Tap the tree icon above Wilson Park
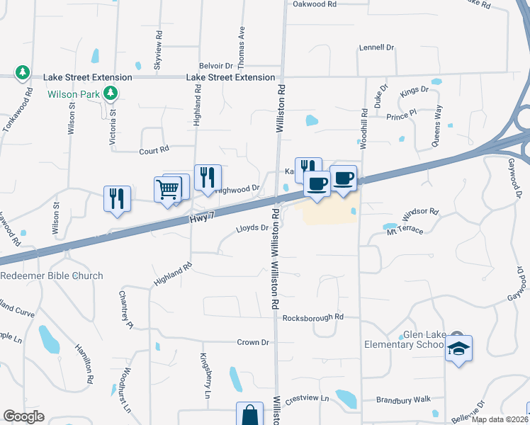coord(110,93)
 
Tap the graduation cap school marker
coord(458,348)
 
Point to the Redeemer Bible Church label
coord(52,276)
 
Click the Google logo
coord(23,416)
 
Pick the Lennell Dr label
coord(376,47)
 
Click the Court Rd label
coord(154,149)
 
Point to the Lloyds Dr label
coord(252,228)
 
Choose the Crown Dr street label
coord(253,342)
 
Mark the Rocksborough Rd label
coord(312,317)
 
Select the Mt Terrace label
coord(404,231)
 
